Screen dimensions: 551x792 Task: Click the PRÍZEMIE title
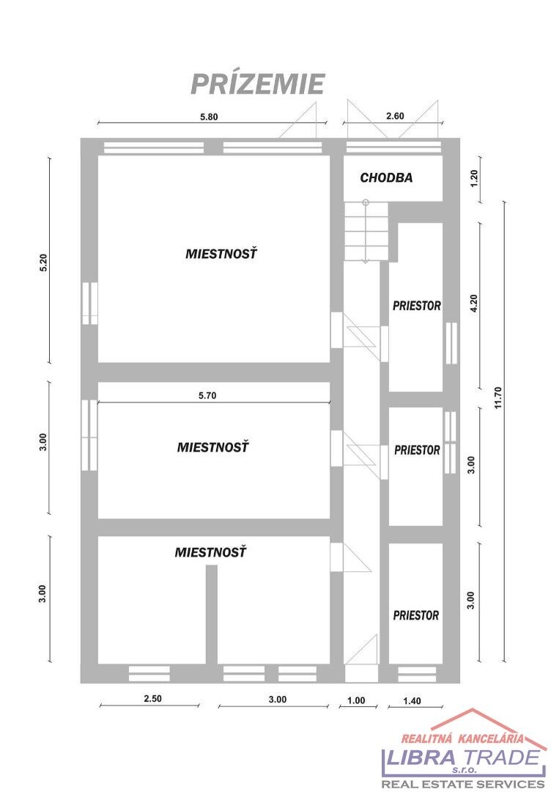[x=257, y=84]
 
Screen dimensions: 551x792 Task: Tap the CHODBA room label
[x=386, y=177]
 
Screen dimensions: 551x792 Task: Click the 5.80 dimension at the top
[x=209, y=117]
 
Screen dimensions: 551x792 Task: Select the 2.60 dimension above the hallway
[x=395, y=116]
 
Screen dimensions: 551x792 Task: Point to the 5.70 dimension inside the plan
[x=207, y=395]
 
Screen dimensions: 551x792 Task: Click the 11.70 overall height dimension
[x=498, y=397]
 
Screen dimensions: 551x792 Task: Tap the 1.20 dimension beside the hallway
[x=473, y=178]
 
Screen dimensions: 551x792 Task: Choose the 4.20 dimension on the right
[x=473, y=303]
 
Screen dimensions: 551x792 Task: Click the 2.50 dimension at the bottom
[x=153, y=699]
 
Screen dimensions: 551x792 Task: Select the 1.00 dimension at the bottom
[x=356, y=700]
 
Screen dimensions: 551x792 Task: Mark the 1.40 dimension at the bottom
[x=413, y=700]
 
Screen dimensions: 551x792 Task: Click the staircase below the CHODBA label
[x=366, y=231]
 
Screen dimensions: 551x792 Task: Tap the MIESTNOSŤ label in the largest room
[x=221, y=253]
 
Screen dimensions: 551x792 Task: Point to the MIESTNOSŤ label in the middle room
[x=213, y=447]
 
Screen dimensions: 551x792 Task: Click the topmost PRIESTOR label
[x=417, y=306]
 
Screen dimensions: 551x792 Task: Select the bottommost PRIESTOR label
[x=416, y=615]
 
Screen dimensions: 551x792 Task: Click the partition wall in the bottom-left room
[x=212, y=615]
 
